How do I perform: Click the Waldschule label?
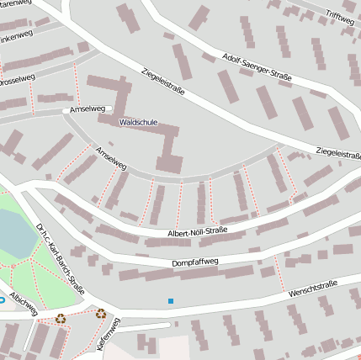tap(139, 122)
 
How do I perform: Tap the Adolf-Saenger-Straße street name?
tap(257, 65)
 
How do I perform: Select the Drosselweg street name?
tap(17, 82)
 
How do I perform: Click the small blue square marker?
tap(171, 300)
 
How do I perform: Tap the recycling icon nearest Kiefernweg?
tap(101, 314)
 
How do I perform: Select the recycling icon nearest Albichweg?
tap(61, 318)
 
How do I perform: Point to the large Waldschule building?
tap(168, 143)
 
